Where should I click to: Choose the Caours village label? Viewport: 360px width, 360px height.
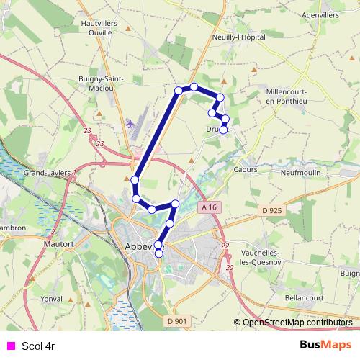[246, 169]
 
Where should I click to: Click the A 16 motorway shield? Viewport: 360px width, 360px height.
[209, 207]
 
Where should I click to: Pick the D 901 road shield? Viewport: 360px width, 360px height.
[176, 321]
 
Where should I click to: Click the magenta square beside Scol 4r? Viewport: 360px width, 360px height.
[11, 346]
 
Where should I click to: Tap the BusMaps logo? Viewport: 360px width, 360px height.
[326, 345]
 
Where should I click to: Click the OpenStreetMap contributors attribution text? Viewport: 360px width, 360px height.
[297, 323]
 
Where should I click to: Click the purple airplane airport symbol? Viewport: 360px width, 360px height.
[130, 124]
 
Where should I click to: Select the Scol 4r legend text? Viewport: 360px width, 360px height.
[39, 346]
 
